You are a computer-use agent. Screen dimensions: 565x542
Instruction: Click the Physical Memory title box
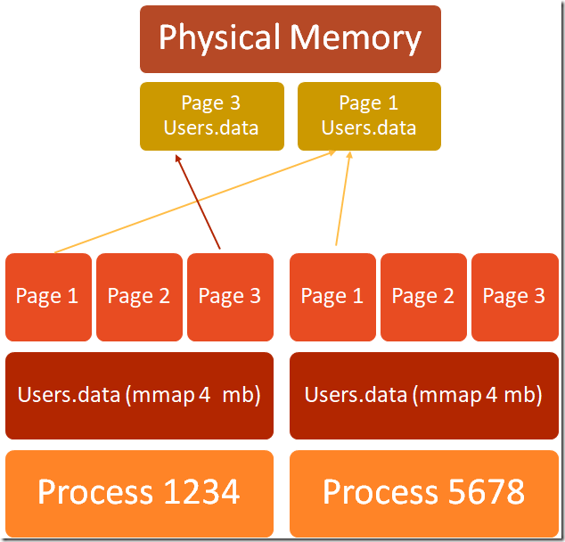[291, 39]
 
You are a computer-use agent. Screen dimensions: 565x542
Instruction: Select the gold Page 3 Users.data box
[212, 117]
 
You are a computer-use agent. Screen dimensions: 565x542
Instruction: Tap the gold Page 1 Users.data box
[369, 117]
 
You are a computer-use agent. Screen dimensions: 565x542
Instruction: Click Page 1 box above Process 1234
[49, 297]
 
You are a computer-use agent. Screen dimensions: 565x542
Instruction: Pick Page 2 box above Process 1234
[139, 297]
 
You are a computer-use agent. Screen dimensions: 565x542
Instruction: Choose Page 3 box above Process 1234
[230, 297]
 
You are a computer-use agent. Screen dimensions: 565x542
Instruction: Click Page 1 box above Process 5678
[332, 297]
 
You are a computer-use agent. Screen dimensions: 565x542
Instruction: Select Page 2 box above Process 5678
[424, 297]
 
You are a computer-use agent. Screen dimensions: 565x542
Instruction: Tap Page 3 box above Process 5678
[515, 297]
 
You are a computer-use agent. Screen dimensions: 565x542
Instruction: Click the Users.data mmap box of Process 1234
[139, 396]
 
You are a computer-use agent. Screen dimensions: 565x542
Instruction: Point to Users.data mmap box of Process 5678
[424, 396]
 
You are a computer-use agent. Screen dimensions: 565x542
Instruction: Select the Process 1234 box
[139, 494]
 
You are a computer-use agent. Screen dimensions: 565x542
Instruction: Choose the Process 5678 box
[424, 494]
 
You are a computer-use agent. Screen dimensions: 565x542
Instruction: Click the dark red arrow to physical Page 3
[198, 201]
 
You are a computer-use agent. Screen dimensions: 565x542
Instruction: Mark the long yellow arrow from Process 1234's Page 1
[195, 201]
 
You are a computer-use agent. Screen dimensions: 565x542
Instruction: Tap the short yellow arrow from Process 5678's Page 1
[343, 198]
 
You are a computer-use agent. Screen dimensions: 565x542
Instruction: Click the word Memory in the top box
[356, 37]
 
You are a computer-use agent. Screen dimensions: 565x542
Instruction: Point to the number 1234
[201, 492]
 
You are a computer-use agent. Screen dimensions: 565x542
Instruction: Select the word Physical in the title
[220, 37]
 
